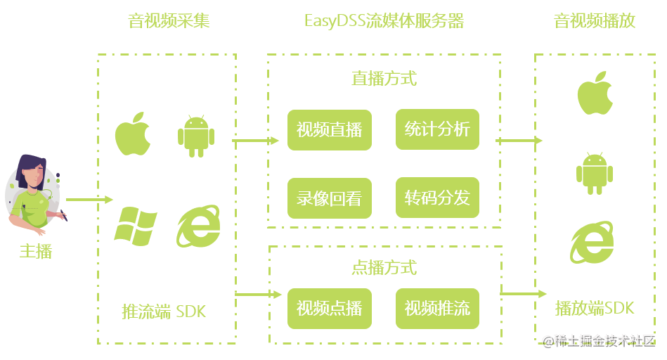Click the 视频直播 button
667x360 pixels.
pos(329,129)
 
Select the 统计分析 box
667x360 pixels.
pos(437,129)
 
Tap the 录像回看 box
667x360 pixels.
pos(329,198)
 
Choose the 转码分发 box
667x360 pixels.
pos(437,198)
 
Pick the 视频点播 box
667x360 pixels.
pos(329,308)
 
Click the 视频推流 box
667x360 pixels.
pos(437,308)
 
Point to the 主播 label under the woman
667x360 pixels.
pos(35,251)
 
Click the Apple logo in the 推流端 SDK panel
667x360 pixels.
pos(134,134)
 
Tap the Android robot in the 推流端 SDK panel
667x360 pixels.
pos(196,135)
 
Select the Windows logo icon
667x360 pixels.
pos(135,226)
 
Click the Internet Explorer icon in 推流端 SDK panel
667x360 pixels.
pos(197,226)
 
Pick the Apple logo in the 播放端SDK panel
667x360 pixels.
pos(595,93)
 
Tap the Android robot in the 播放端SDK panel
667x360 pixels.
pos(595,172)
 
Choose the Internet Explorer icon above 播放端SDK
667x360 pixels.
pos(592,243)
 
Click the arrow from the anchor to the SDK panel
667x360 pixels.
pos(89,200)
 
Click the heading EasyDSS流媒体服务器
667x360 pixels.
pos(384,21)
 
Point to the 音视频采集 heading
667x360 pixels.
pos(169,21)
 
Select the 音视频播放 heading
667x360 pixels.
pos(595,21)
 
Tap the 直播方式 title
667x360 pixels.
pos(384,78)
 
